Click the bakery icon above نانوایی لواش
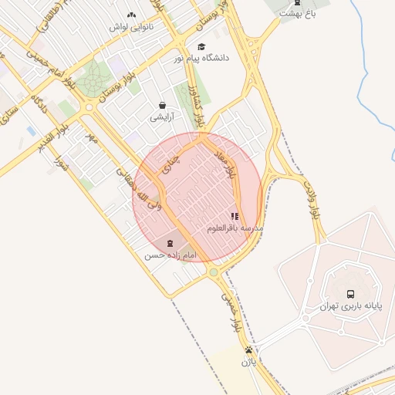(x=131, y=15)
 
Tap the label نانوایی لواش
(x=131, y=27)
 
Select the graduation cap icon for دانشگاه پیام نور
(x=201, y=46)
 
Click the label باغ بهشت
(x=298, y=13)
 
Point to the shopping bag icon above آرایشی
(x=162, y=106)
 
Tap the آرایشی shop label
(x=162, y=118)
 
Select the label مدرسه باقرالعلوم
(x=235, y=229)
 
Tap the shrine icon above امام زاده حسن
(x=170, y=243)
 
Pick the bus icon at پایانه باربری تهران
(x=351, y=294)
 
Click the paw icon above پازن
(x=248, y=349)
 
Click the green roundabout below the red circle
(x=214, y=272)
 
